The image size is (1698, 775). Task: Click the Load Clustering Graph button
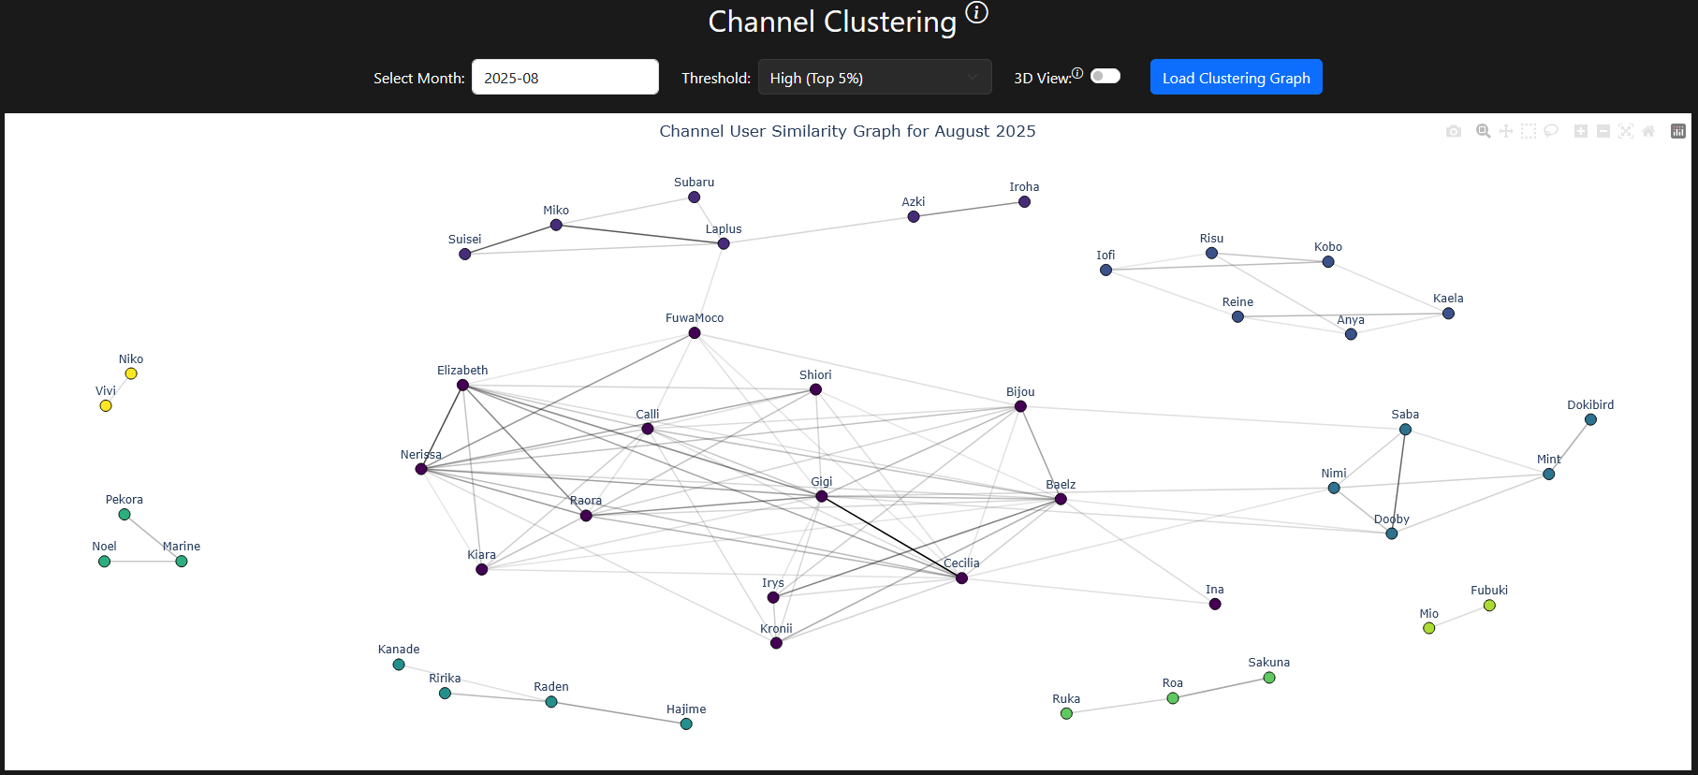coord(1236,78)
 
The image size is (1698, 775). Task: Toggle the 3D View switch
coord(1105,76)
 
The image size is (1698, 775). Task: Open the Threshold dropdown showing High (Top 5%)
coord(874,78)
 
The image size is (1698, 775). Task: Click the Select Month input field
coord(564,78)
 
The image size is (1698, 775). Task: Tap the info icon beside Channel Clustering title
coord(976,12)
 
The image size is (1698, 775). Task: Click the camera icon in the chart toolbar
coord(1453,131)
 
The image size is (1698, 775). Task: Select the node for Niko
coord(131,373)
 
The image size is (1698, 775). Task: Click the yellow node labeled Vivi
coord(106,405)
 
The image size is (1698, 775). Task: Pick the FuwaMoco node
coord(695,333)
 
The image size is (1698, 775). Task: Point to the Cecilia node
coord(961,578)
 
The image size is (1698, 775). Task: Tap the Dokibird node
coord(1590,419)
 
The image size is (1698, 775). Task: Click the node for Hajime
coord(686,724)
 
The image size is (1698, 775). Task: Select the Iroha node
coord(1024,201)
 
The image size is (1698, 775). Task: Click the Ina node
coord(1215,604)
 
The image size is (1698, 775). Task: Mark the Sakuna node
coord(1269,678)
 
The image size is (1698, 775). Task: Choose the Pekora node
coord(124,514)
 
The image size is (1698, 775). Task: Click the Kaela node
coord(1448,314)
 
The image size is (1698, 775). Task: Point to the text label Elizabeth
coord(462,371)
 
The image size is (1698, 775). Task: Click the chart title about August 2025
coord(847,131)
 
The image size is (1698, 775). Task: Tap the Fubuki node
coord(1489,606)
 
